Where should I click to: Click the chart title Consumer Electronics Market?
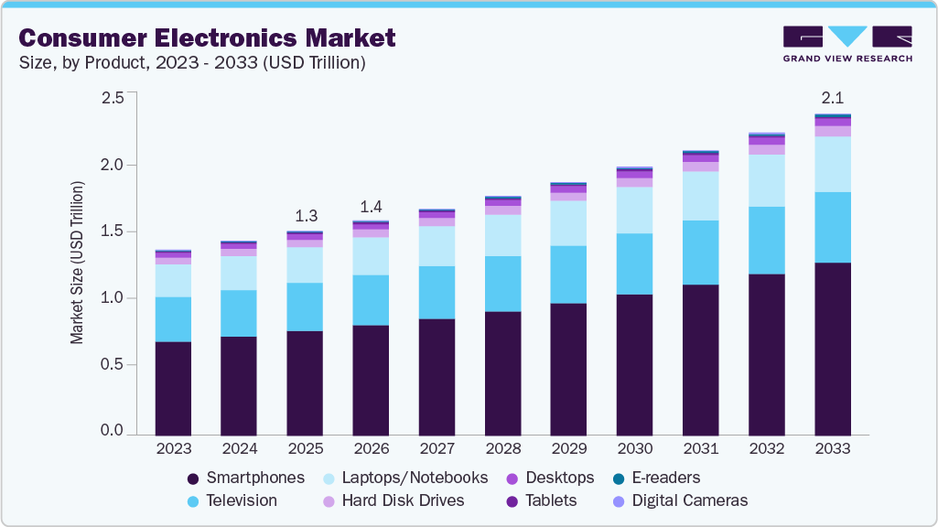tap(207, 38)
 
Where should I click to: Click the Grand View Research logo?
tap(847, 44)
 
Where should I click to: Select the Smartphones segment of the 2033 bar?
tap(832, 349)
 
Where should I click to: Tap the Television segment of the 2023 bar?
tap(173, 319)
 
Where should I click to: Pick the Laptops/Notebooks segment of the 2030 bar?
tap(634, 210)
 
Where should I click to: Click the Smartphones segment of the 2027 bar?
tap(437, 376)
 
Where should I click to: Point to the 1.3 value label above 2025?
tap(305, 216)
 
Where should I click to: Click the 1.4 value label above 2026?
tap(371, 206)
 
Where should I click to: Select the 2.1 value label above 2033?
tap(832, 99)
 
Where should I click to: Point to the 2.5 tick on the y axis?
tap(112, 98)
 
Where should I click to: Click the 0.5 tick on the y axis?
tap(112, 365)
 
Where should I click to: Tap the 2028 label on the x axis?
tap(502, 449)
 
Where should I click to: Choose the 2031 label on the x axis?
tap(700, 449)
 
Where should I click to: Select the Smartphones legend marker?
tap(193, 479)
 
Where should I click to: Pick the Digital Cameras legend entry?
tap(689, 500)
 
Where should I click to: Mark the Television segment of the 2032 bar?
tap(766, 240)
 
